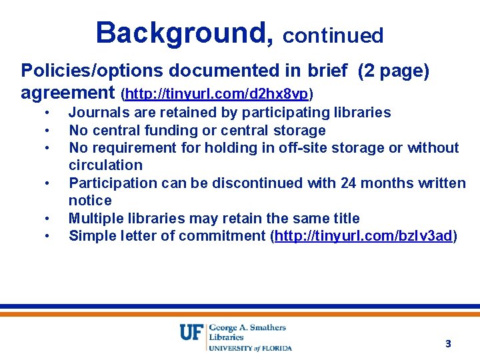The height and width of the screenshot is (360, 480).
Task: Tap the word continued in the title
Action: point(333,35)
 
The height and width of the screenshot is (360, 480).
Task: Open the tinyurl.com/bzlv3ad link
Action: point(363,235)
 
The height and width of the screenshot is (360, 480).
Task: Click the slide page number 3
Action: point(448,344)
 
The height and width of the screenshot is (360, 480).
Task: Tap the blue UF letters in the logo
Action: point(191,331)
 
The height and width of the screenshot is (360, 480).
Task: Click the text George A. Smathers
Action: point(247,327)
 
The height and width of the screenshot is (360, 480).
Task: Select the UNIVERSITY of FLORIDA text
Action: point(251,347)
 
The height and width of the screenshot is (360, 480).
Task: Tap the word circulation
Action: point(105,165)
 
